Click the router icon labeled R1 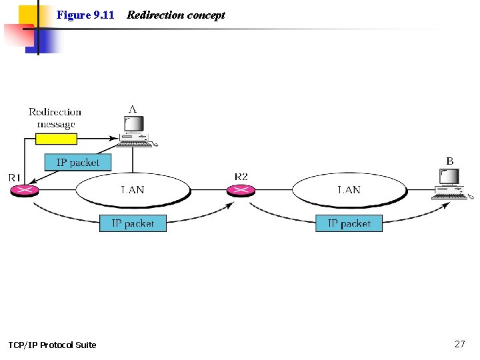click(25, 191)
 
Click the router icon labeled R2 click(241, 191)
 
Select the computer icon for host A click(135, 131)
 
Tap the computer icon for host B click(451, 184)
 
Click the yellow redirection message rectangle click(56, 139)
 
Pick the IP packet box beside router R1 click(78, 162)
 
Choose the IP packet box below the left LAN click(133, 223)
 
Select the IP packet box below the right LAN click(349, 223)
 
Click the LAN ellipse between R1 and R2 click(133, 190)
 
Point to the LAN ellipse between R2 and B click(349, 190)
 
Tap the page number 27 click(459, 344)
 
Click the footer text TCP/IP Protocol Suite click(52, 345)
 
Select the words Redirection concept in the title click(176, 15)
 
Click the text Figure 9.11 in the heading click(85, 15)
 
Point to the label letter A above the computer click(133, 109)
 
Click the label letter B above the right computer click(450, 161)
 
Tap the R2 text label click(241, 177)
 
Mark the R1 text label click(15, 177)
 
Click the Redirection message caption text click(55, 118)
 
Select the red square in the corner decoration click(17, 35)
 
